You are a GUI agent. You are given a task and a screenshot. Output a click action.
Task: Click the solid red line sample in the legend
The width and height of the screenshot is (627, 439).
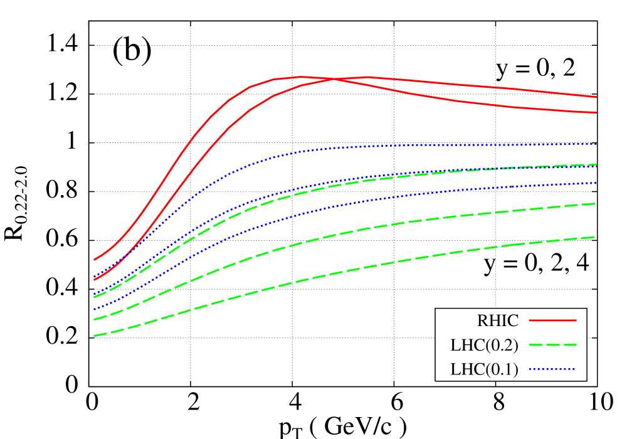[x=552, y=320]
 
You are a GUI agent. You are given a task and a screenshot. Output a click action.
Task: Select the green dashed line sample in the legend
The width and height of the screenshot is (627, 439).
[x=552, y=345]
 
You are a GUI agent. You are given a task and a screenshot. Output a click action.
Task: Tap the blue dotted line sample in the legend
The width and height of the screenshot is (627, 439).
[x=552, y=369]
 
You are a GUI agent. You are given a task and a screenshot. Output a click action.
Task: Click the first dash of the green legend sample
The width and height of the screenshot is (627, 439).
[x=535, y=345]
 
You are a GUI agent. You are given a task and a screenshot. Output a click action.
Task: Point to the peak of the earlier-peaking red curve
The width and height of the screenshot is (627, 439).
[x=301, y=77]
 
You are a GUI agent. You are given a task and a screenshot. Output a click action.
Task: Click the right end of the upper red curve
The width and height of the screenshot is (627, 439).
[x=596, y=97]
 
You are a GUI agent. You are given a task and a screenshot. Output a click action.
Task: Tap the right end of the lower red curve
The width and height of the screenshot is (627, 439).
[x=596, y=113]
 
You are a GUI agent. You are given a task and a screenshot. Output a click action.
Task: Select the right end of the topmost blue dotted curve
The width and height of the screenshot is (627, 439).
[x=596, y=144]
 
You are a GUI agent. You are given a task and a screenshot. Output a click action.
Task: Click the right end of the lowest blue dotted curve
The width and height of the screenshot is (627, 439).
[x=596, y=183]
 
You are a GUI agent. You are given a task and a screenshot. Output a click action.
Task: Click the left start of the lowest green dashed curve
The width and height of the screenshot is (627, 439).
[x=95, y=336]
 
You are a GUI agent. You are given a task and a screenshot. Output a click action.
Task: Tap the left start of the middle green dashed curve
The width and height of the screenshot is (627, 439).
[x=95, y=320]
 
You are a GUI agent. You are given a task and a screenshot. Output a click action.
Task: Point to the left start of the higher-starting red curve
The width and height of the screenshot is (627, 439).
[x=95, y=259]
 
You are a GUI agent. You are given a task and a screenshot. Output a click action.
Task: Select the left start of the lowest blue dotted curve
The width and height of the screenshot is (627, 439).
[x=95, y=310]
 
